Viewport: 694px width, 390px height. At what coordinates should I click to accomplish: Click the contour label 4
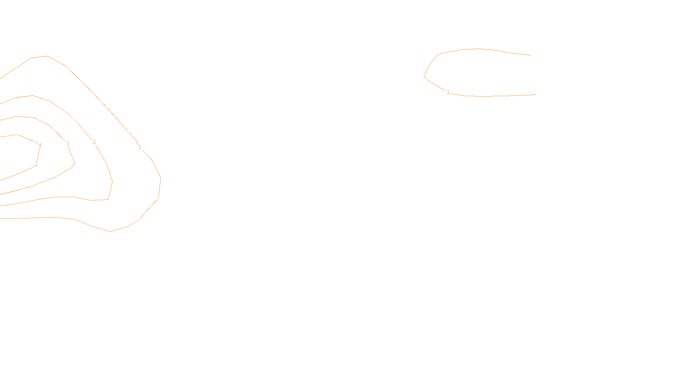pyautogui.click(x=40, y=145)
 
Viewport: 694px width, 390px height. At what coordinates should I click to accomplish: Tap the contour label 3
pyautogui.click(x=68, y=144)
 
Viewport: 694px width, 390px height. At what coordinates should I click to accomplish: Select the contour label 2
pyautogui.click(x=94, y=142)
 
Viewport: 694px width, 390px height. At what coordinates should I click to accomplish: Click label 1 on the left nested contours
pyautogui.click(x=140, y=147)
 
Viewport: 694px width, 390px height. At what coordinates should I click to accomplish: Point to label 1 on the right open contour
pyautogui.click(x=448, y=92)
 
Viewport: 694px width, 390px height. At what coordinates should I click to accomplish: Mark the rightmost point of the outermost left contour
pyautogui.click(x=160, y=178)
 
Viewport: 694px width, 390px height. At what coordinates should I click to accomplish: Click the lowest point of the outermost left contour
pyautogui.click(x=110, y=231)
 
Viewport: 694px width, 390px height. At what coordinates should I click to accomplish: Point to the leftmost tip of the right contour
pyautogui.click(x=424, y=76)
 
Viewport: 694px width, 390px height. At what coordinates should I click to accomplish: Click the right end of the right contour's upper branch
pyautogui.click(x=531, y=55)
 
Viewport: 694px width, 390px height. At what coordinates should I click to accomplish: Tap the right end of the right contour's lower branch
pyautogui.click(x=536, y=94)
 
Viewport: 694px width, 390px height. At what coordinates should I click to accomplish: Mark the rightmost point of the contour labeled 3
pyautogui.click(x=75, y=164)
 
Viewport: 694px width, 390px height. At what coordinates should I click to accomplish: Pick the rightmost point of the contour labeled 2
pyautogui.click(x=112, y=181)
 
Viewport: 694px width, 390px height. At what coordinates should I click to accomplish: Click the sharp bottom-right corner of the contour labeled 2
pyautogui.click(x=108, y=199)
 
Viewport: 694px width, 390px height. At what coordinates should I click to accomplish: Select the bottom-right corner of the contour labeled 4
pyautogui.click(x=36, y=165)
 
